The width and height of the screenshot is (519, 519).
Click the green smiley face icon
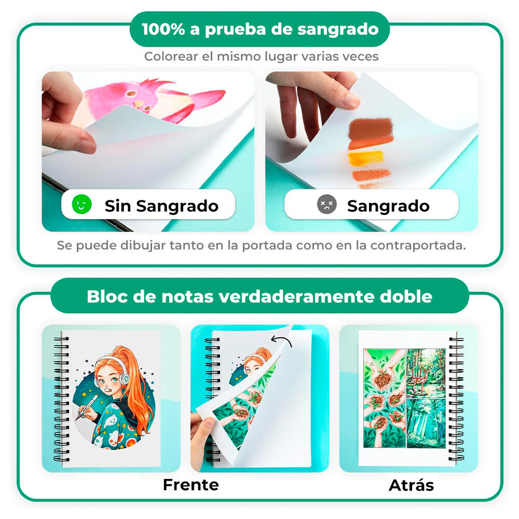[82, 204]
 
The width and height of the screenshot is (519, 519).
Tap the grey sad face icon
[327, 205]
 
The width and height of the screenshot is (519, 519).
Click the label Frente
[190, 485]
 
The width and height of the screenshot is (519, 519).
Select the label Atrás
[411, 485]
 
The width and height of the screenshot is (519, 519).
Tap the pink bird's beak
[139, 103]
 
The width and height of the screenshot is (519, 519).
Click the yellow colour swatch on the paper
[365, 157]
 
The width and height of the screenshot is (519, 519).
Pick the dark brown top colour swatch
[370, 127]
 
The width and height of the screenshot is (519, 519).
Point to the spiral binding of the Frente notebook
[62, 397]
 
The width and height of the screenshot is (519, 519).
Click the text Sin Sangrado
[161, 206]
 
